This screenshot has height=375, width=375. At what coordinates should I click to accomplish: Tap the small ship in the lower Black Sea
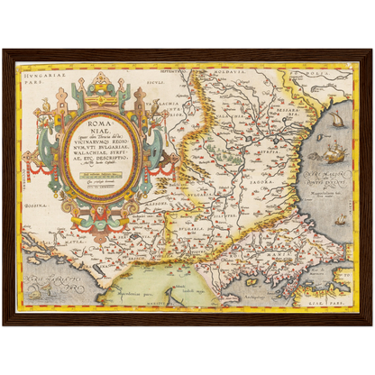[341, 218]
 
